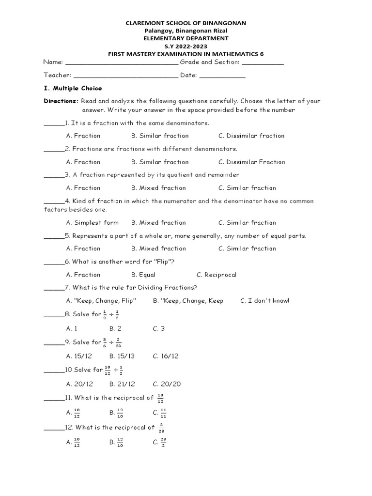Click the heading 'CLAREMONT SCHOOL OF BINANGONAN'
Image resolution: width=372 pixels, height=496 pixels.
click(186, 23)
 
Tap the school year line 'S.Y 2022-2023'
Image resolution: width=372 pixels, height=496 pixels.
click(186, 46)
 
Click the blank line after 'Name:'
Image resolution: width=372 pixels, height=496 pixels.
click(122, 63)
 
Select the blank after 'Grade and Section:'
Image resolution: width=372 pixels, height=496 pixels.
click(262, 63)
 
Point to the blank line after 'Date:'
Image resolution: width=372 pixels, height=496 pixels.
click(222, 76)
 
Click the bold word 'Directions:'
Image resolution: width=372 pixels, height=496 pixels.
click(61, 101)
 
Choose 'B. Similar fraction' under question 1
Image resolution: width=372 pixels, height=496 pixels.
click(160, 136)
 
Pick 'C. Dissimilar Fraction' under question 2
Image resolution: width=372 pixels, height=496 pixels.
click(251, 162)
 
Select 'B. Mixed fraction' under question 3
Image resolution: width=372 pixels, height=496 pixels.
click(158, 188)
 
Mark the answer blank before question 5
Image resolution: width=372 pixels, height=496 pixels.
click(53, 237)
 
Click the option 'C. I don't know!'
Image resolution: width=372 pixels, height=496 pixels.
click(264, 301)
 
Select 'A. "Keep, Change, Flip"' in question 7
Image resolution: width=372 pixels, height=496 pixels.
click(101, 301)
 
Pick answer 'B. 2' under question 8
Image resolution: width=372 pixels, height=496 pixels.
click(115, 328)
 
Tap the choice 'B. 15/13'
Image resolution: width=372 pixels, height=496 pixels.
click(122, 356)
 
